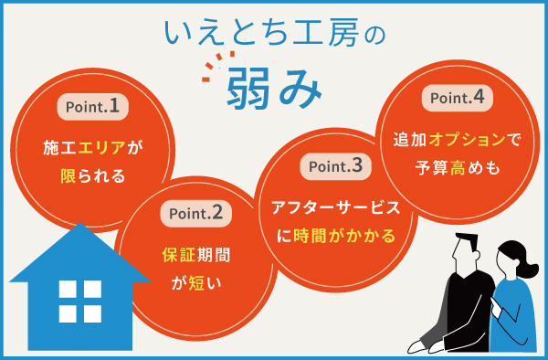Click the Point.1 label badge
91,107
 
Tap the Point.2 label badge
193,214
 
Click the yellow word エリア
100,146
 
